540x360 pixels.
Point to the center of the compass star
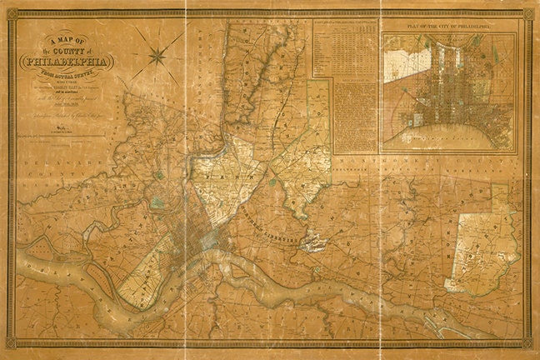(x=156, y=57)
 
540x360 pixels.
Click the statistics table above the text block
(x=345, y=50)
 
